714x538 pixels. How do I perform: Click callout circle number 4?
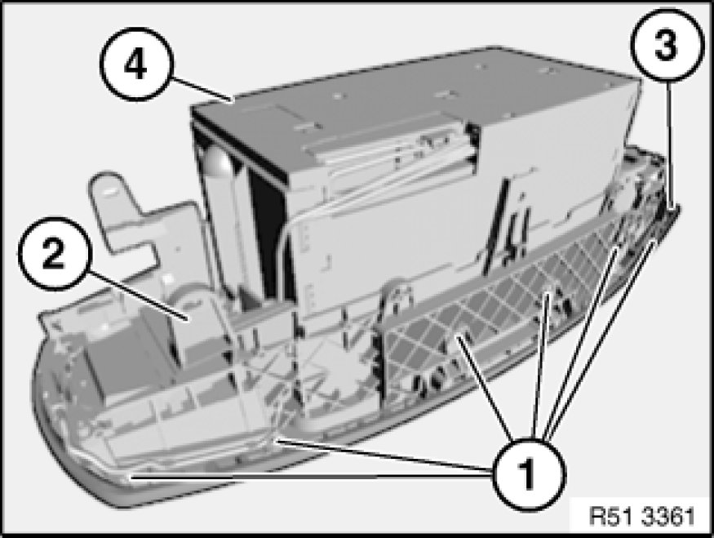click(136, 64)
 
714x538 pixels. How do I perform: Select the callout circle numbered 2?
click(55, 254)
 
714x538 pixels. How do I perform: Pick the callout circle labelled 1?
click(528, 474)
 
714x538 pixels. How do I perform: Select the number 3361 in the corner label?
click(668, 517)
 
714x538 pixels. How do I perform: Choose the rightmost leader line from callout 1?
click(602, 340)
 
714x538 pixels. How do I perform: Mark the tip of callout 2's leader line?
click(187, 319)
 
